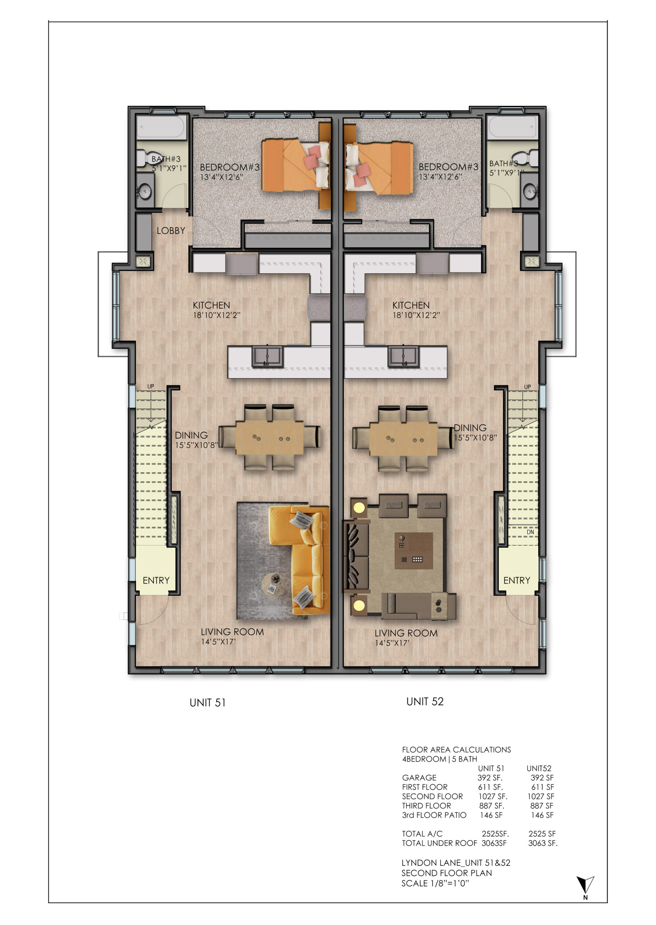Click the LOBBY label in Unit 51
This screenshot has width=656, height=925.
coord(171,231)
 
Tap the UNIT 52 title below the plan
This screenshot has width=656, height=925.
coord(425,702)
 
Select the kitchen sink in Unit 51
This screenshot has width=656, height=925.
coord(267,357)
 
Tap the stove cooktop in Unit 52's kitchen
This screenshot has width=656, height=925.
coord(355,307)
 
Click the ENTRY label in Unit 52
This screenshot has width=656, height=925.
coord(516,580)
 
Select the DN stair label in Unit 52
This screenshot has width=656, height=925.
coord(530,532)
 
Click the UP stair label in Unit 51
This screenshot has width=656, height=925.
coord(151,386)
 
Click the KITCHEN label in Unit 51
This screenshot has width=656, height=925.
coord(211,305)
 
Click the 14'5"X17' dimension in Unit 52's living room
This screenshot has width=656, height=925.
coord(392,643)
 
